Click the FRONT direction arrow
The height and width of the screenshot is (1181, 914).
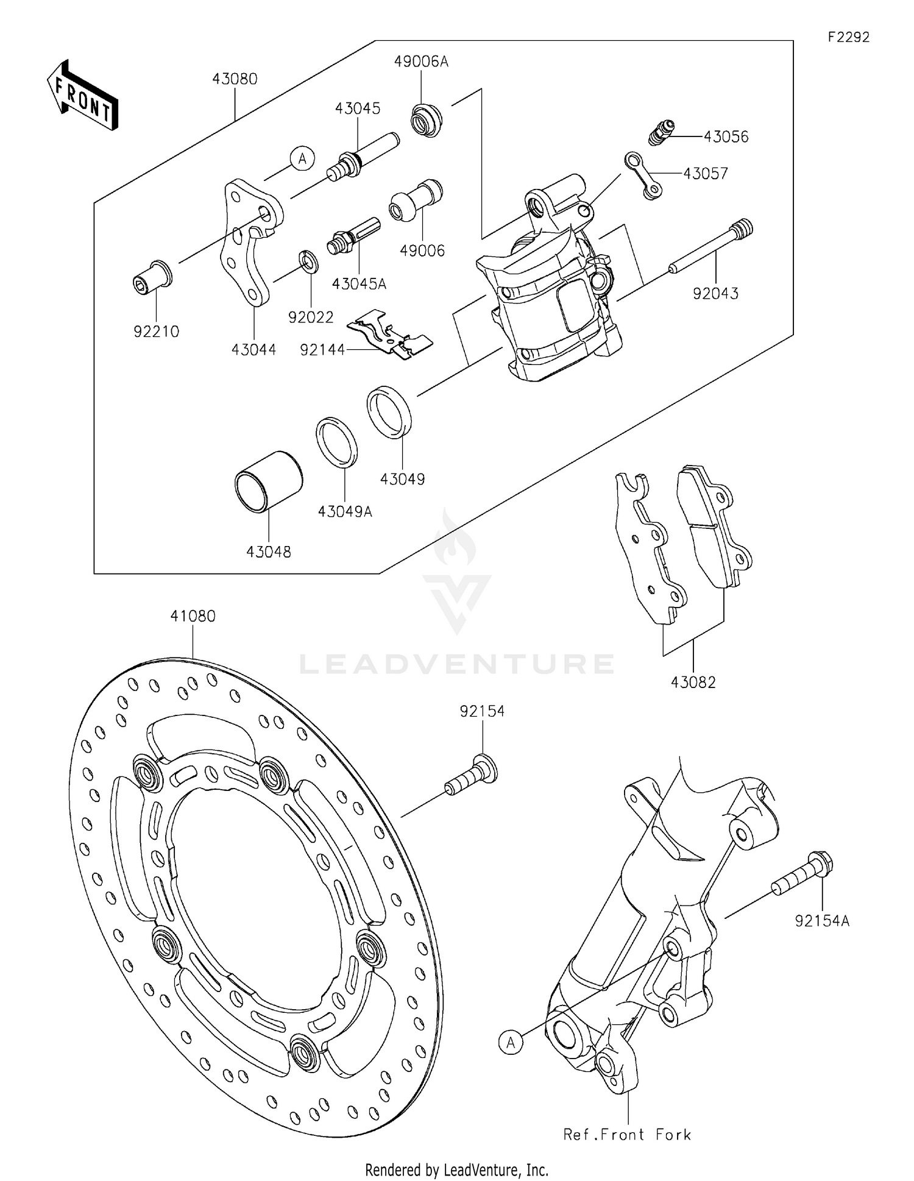[82, 96]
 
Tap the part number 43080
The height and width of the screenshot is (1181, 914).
[235, 79]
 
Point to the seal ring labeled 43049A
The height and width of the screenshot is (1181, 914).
[336, 442]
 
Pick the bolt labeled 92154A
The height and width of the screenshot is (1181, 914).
[803, 874]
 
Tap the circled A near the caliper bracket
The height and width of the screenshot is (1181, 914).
[302, 159]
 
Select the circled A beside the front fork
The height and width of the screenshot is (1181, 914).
[511, 1043]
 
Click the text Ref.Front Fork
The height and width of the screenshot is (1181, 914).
[627, 1135]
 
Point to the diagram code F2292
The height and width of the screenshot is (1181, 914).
[848, 37]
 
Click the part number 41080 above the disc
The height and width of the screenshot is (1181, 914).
[193, 616]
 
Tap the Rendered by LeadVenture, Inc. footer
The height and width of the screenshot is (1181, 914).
[456, 1169]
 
